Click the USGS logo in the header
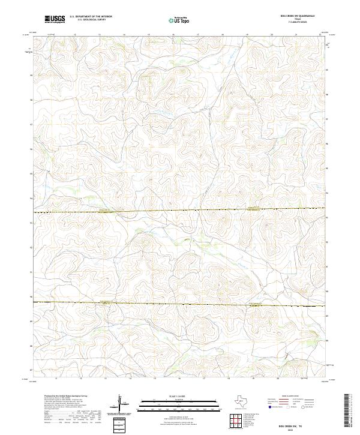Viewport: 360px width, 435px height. pyautogui.click(x=55, y=20)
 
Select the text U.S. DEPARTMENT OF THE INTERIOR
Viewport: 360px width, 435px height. pyautogui.click(x=91, y=17)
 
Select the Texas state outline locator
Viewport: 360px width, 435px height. pyautogui.click(x=247, y=401)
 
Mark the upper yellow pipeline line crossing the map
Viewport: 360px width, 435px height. pyautogui.click(x=180, y=210)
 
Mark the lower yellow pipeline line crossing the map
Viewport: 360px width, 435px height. pyautogui.click(x=180, y=304)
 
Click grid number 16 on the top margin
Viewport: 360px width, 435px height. pyautogui.click(x=173, y=35)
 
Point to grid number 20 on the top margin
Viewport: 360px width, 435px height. pyautogui.click(x=271, y=35)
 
